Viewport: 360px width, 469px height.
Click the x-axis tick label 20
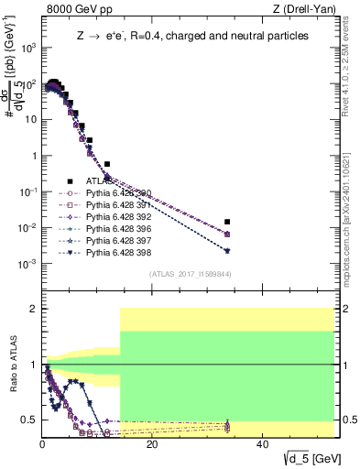152,445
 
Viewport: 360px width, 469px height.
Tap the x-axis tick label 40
262,445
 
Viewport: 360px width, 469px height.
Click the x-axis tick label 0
42,445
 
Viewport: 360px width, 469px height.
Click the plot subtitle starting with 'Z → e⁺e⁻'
192,37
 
